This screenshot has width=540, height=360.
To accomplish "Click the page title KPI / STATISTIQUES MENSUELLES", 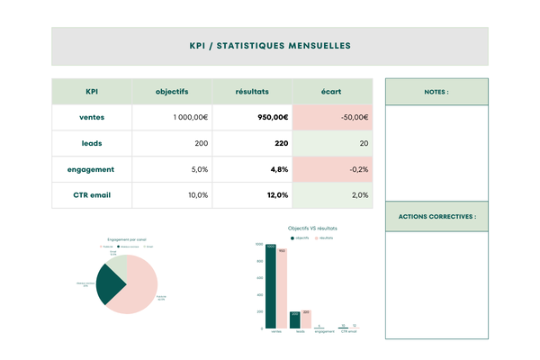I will [270, 45].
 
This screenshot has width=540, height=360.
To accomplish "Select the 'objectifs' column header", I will [172, 91].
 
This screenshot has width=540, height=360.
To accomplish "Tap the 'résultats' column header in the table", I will [252, 91].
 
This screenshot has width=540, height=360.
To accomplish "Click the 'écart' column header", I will [332, 91].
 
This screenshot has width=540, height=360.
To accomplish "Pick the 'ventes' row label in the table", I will [92, 117].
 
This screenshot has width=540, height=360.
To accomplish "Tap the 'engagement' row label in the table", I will [92, 169].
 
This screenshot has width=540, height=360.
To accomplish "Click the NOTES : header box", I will [436, 92].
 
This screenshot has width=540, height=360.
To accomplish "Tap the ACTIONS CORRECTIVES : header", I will [436, 217].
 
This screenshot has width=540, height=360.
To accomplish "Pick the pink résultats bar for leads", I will [306, 319].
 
